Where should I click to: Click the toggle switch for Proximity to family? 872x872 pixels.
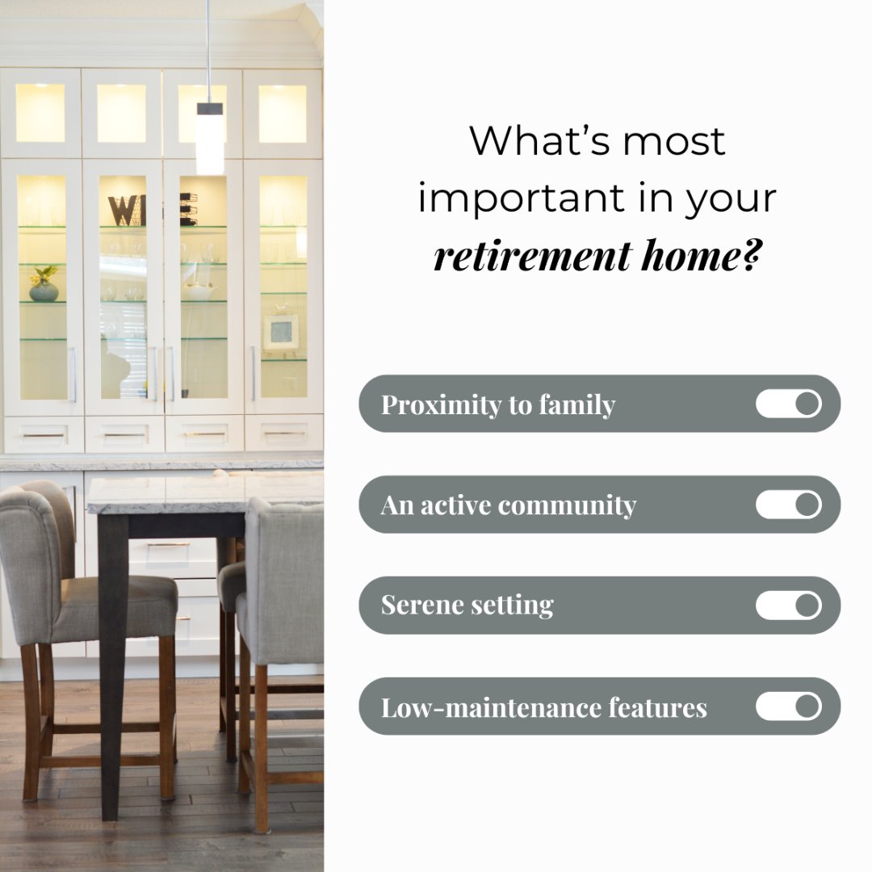pyautogui.click(x=788, y=404)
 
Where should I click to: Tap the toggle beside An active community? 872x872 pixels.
pyautogui.click(x=788, y=505)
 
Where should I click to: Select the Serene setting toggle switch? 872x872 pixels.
pyautogui.click(x=788, y=606)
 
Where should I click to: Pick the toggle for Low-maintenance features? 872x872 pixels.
pyautogui.click(x=788, y=706)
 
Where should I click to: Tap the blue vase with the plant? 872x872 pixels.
pyautogui.click(x=44, y=289)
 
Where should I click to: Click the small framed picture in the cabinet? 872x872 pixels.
pyautogui.click(x=281, y=331)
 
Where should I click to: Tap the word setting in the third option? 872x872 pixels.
pyautogui.click(x=517, y=606)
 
